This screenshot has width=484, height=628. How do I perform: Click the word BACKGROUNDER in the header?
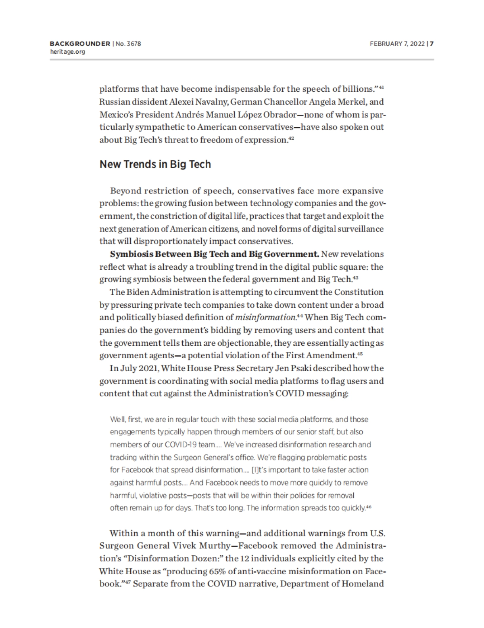point(80,44)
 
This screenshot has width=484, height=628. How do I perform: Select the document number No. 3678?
point(128,44)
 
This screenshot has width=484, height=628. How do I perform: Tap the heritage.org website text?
point(67,52)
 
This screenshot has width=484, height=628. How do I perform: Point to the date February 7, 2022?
point(397,44)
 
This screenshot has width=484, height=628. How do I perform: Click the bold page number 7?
point(432,44)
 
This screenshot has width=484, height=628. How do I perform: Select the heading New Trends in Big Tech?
point(155,164)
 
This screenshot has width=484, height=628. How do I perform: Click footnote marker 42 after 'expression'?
point(290,138)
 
